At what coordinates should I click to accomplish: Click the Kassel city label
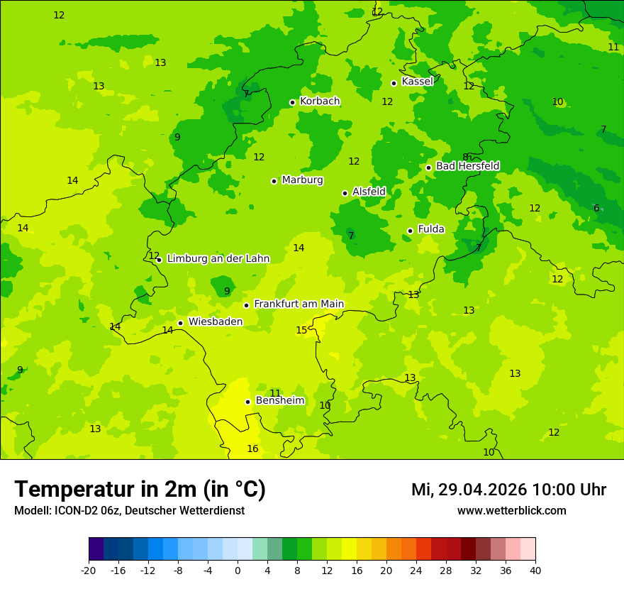[417, 82]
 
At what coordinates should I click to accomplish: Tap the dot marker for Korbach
[292, 102]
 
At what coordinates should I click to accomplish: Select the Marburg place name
[302, 180]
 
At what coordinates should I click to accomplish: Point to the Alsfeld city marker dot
[345, 193]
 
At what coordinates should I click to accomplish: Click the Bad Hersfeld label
[467, 166]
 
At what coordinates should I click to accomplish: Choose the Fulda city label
[431, 229]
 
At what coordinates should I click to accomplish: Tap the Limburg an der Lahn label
[218, 259]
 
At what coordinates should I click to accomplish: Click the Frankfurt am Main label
[299, 304]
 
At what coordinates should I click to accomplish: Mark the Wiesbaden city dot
[181, 323]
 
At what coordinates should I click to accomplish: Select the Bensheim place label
[279, 401]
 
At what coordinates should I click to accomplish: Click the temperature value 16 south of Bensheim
[252, 449]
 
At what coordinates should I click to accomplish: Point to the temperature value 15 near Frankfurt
[301, 331]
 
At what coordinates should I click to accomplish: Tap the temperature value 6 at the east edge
[596, 209]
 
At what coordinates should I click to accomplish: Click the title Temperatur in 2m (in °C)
[140, 490]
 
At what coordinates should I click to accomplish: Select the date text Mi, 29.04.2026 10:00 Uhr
[508, 490]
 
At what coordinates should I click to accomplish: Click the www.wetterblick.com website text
[511, 511]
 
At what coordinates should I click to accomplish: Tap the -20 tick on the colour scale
[89, 570]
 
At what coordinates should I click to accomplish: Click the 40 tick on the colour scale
[535, 570]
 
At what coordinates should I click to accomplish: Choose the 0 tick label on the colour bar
[238, 570]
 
